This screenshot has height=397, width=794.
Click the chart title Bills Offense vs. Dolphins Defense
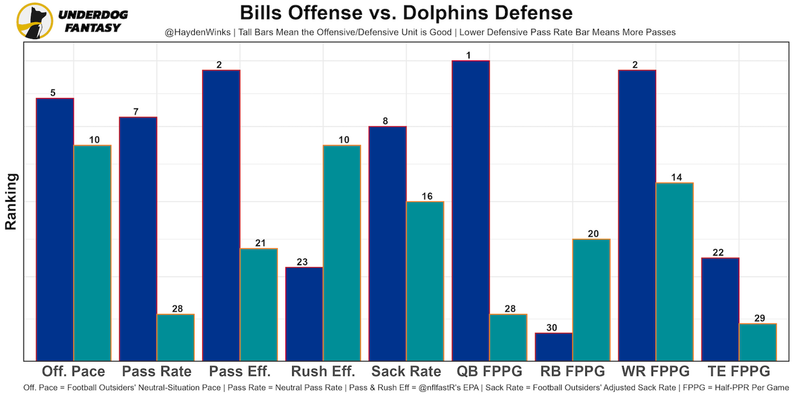[x=406, y=12]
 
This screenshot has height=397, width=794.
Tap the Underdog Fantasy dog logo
[x=35, y=20]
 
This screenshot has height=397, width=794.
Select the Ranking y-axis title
[x=11, y=202]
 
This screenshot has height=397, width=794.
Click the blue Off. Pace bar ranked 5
[x=55, y=229]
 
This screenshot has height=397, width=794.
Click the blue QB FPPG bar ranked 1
[x=471, y=210]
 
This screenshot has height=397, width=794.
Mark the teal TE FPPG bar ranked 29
[x=757, y=342]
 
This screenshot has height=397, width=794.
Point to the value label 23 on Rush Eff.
[x=302, y=262]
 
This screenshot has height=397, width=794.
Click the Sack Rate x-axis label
[x=406, y=372]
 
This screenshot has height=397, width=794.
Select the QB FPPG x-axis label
[x=489, y=372]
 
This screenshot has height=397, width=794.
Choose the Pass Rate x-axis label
[x=157, y=372]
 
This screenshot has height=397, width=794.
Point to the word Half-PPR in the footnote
[x=718, y=388]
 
